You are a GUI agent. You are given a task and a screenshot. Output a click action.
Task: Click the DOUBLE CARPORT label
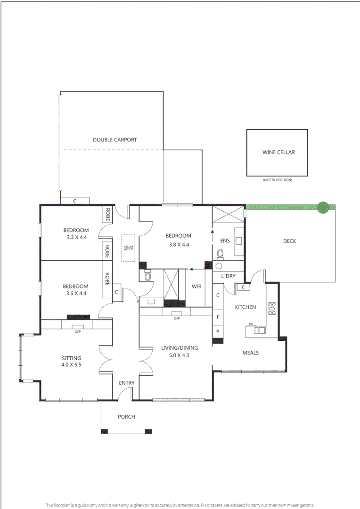click(115, 140)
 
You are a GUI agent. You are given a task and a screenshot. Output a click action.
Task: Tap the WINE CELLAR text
click(278, 152)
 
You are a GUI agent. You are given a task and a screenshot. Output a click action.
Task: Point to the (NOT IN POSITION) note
click(278, 180)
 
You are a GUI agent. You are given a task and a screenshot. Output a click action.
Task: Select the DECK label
click(289, 241)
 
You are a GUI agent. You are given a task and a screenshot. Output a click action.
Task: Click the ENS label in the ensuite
click(225, 241)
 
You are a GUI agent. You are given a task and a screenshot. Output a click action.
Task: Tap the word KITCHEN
click(245, 307)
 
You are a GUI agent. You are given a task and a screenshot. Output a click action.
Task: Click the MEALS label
click(250, 353)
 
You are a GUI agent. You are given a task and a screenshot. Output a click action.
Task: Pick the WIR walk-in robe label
click(196, 287)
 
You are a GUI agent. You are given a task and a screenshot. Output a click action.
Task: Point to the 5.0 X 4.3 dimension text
click(179, 355)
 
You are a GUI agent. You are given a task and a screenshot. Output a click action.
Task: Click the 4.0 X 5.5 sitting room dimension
click(71, 364)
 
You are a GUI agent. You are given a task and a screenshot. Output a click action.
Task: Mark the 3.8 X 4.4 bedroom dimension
click(178, 245)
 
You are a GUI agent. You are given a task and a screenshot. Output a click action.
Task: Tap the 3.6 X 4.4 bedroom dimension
click(76, 293)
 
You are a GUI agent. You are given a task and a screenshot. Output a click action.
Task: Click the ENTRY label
click(126, 383)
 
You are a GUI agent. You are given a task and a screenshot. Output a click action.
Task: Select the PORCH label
click(126, 417)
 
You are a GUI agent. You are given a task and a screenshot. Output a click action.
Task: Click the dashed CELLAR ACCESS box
click(128, 248)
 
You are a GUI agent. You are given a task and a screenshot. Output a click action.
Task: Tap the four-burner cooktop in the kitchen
click(272, 308)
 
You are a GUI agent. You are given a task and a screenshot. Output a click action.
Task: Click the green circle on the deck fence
click(323, 207)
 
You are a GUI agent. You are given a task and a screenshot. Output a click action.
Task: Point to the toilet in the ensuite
click(220, 254)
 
